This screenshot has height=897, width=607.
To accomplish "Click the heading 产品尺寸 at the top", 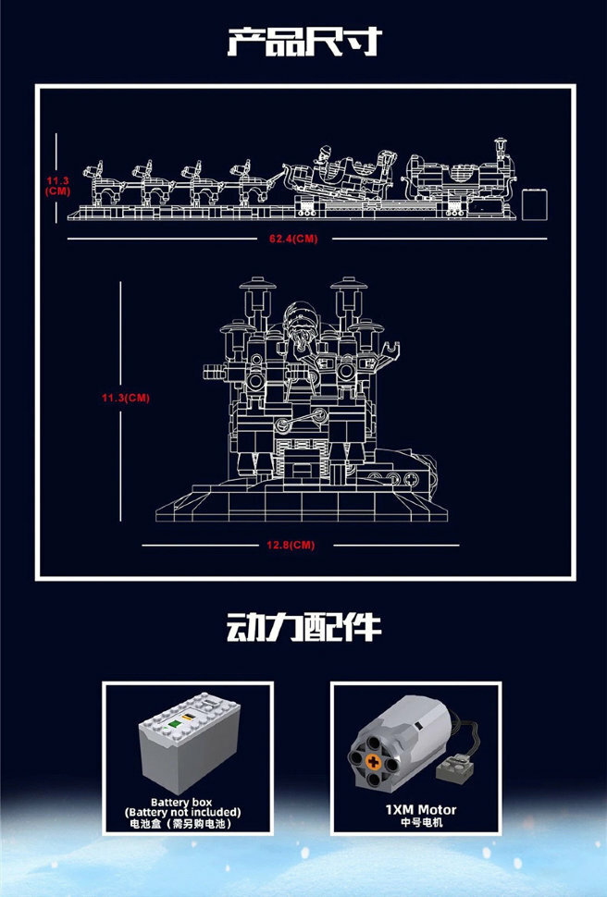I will point(303,42).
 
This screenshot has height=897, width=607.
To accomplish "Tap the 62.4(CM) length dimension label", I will point(293,238).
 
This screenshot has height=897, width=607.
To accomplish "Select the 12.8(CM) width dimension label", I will point(291,545).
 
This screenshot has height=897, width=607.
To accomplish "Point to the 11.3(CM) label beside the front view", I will point(126,398).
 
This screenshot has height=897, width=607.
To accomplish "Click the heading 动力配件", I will point(303,626).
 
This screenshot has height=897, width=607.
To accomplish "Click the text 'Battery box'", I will point(188,802).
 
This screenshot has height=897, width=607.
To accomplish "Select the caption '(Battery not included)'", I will point(188,812).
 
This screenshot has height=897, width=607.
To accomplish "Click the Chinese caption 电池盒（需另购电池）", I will point(188,823).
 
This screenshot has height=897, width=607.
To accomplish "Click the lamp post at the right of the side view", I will point(502,157).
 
